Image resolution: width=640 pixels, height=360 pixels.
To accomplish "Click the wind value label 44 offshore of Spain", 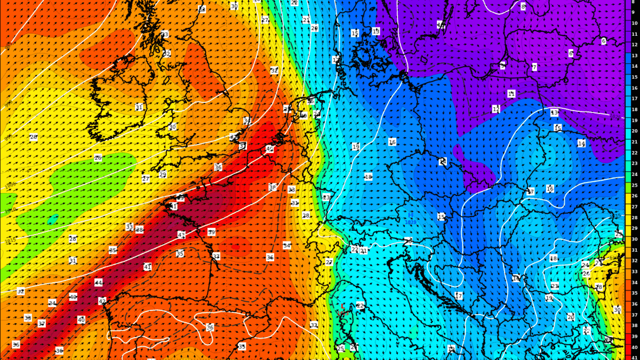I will (x=98, y=282).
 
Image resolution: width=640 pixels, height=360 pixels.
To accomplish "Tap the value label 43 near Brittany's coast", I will (x=181, y=235).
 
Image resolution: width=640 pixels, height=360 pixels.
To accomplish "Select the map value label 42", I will (x=102, y=301).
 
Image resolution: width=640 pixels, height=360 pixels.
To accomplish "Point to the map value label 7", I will (x=534, y=67).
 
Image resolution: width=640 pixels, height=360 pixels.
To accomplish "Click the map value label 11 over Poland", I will (x=511, y=94).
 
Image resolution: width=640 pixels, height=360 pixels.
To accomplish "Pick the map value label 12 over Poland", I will (x=496, y=109).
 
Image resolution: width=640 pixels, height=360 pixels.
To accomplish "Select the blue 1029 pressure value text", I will (x=411, y=222).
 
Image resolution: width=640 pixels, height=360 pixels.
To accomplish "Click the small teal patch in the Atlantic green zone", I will (x=53, y=219).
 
